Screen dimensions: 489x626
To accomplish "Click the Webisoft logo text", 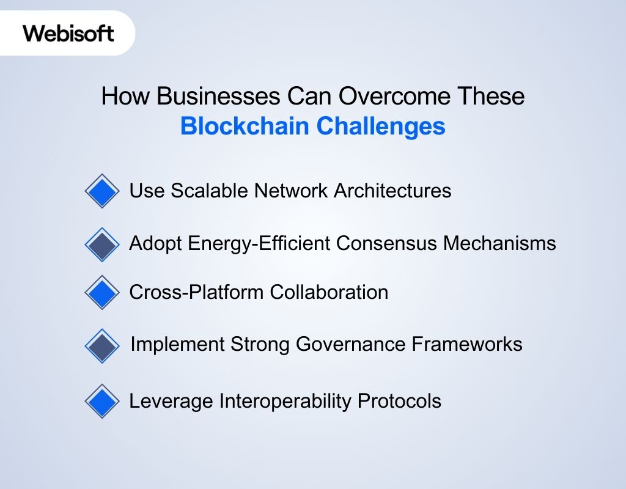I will pos(68,32).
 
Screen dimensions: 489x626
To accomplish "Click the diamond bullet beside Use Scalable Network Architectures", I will pos(101,191).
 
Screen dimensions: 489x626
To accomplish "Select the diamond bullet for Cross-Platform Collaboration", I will pos(101,292).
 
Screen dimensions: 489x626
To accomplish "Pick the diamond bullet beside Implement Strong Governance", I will pos(101,345).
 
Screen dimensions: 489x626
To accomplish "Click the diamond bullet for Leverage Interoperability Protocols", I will pos(101,401).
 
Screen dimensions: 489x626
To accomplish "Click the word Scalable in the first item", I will pos(210,191).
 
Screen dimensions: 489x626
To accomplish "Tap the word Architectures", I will pos(392,191).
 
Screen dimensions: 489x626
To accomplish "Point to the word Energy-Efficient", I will pos(261,243).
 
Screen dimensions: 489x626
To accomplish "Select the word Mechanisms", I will pos(499,243).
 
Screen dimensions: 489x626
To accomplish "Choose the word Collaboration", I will pos(329,292).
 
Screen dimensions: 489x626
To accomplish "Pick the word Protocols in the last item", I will pos(399,401).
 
